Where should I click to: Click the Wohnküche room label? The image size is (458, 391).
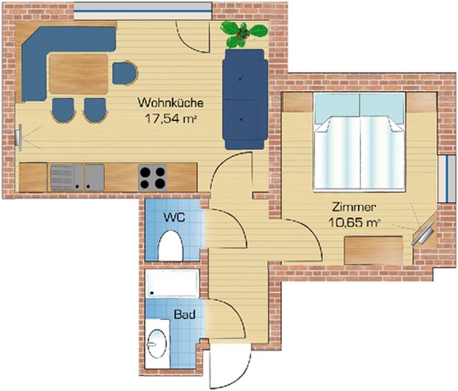[171, 103]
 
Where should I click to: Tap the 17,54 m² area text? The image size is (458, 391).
[171, 119]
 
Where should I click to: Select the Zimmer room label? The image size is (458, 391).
[354, 207]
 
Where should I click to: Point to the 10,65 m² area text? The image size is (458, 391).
[354, 223]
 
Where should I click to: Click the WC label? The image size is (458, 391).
[174, 217]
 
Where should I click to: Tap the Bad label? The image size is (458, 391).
[185, 315]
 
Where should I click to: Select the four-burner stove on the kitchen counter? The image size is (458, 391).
[152, 178]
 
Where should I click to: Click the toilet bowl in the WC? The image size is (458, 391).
[170, 246]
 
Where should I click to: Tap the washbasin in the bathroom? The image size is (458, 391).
[158, 344]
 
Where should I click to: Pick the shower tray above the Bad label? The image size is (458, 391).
[172, 283]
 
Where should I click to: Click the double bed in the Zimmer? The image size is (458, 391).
[360, 142]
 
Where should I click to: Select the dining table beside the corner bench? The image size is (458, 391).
[79, 74]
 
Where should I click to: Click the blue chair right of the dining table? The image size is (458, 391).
[125, 73]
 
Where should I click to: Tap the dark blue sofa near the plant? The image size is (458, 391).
[245, 100]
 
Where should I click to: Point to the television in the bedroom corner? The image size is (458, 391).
[424, 233]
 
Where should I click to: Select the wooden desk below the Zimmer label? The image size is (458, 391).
[374, 251]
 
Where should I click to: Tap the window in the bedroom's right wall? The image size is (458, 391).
[447, 178]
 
